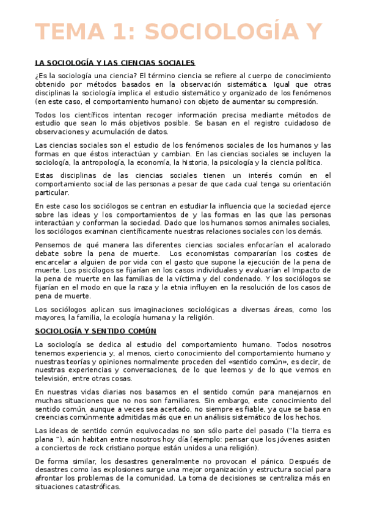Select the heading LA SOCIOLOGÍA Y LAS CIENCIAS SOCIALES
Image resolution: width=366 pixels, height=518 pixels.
[x=115, y=63]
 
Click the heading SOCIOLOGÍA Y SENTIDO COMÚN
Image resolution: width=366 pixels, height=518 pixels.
[x=96, y=331]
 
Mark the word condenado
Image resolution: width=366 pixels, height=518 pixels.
[x=260, y=279]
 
